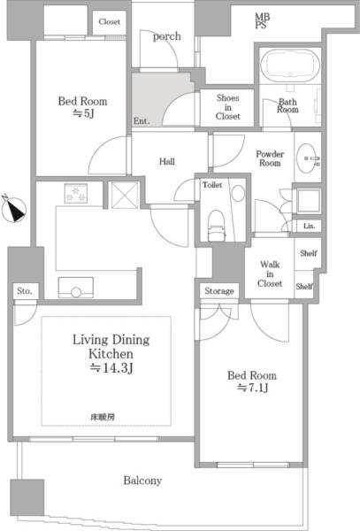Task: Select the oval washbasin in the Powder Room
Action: (307, 158)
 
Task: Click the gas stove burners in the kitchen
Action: (76, 193)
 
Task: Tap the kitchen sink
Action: (76, 288)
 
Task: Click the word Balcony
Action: (142, 481)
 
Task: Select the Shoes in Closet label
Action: (227, 107)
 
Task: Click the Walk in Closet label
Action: (270, 273)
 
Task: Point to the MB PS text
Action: (262, 20)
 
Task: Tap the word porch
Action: (167, 36)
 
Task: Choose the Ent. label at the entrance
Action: (142, 121)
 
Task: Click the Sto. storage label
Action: (25, 291)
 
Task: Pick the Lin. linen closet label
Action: (309, 226)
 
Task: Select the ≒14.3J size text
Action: (111, 368)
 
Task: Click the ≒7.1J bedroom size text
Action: (253, 388)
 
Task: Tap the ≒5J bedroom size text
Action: (83, 113)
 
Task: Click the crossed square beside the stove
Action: (125, 196)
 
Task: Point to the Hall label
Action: (167, 162)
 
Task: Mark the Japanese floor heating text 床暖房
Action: (103, 417)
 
